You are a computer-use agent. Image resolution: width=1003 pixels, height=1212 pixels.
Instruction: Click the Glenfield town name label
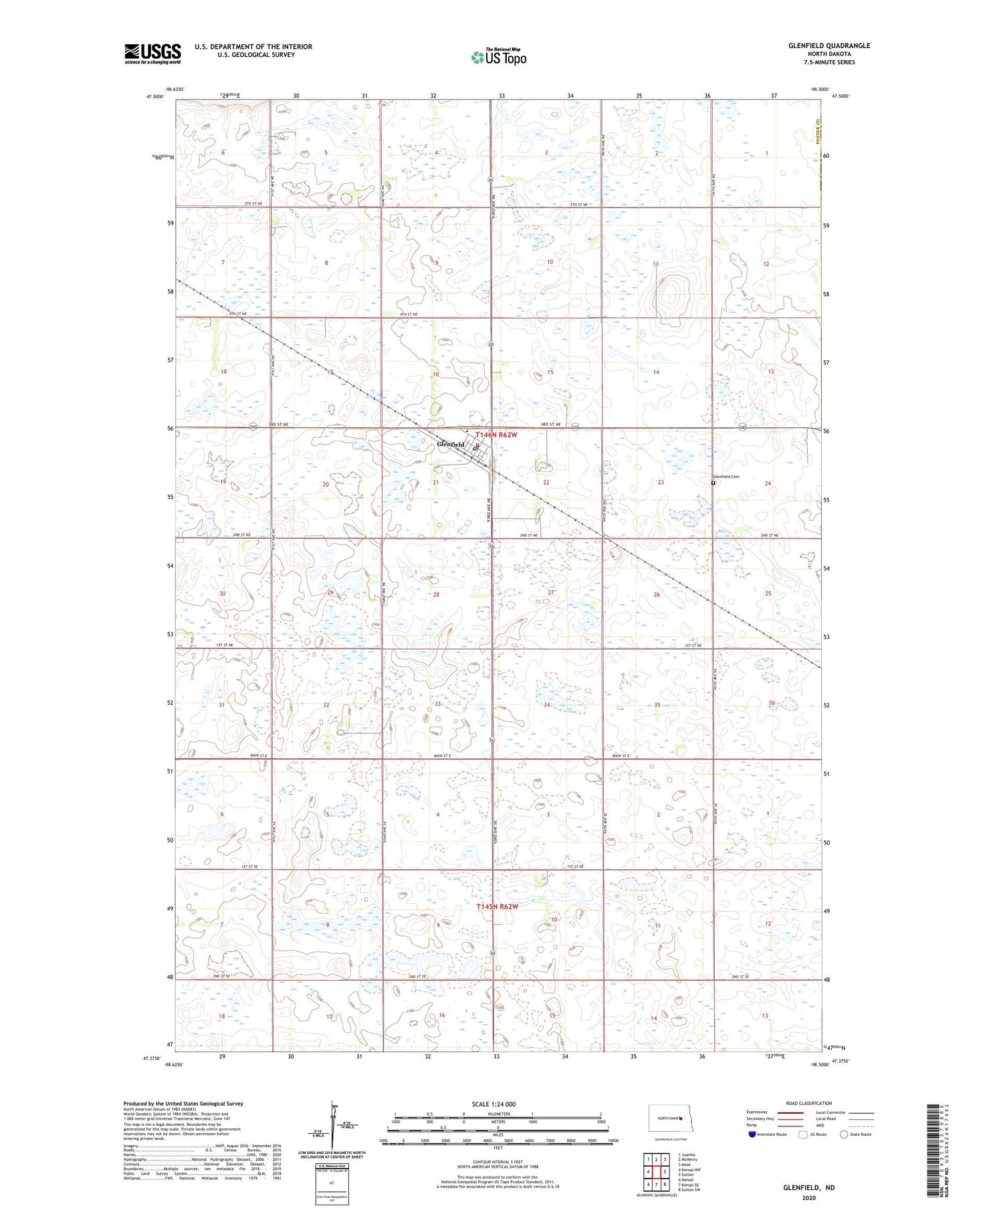click(x=451, y=445)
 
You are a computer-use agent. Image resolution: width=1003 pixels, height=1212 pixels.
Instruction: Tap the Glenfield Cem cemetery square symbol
click(x=713, y=483)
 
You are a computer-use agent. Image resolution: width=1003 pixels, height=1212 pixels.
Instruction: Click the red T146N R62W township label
click(x=496, y=435)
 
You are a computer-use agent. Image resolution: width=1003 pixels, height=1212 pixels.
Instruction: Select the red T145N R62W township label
click(x=497, y=906)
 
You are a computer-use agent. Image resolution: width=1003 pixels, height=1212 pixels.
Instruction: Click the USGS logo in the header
click(x=152, y=53)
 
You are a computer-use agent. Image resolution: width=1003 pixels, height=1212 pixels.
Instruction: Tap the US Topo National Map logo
click(x=498, y=57)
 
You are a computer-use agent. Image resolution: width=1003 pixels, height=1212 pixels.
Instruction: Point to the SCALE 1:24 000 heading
click(x=497, y=1104)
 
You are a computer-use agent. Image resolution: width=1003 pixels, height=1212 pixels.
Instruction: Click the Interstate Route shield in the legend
click(x=752, y=1134)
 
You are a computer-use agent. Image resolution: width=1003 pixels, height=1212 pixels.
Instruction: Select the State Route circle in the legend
click(x=845, y=1134)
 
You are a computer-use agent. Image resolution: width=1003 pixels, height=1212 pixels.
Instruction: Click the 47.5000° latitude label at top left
click(x=154, y=97)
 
